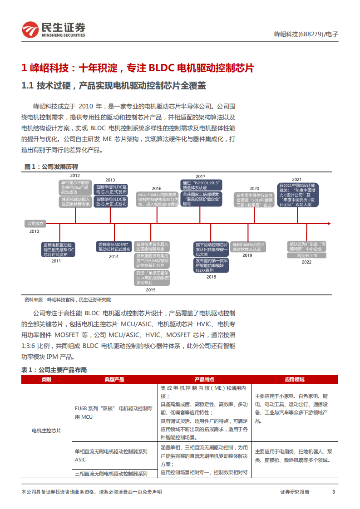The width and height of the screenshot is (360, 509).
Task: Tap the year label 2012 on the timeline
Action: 75,175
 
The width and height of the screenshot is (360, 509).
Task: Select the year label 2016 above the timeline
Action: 157,188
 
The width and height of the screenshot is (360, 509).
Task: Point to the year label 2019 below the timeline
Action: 247,255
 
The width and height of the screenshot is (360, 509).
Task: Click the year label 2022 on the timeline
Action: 306,262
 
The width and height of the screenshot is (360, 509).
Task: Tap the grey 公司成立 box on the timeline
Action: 35,223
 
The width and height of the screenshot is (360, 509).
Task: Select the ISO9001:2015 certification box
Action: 201,185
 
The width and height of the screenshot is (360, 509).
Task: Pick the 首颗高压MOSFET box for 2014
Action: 114,246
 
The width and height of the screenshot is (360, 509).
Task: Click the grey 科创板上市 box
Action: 306,255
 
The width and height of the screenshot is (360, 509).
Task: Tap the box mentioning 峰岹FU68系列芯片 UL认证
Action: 248,246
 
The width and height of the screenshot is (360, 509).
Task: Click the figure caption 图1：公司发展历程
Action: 51,167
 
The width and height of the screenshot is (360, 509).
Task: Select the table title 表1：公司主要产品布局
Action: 54,370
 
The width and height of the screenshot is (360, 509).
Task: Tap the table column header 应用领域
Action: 294,379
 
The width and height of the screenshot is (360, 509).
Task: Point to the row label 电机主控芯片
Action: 46,430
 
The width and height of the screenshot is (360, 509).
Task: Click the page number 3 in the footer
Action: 333,492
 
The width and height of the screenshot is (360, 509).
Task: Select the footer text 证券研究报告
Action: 295,492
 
